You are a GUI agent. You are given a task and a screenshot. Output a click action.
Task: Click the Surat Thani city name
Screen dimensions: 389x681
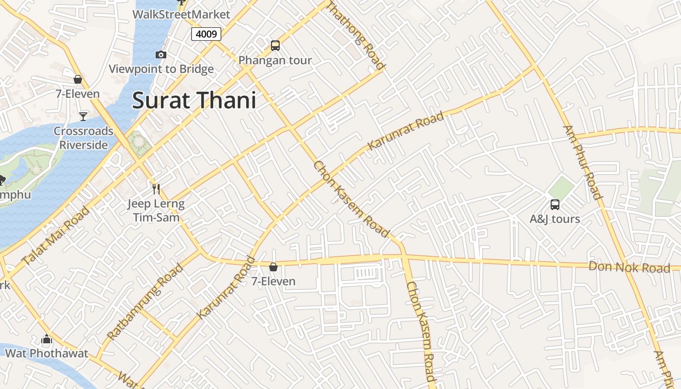coord(194,101)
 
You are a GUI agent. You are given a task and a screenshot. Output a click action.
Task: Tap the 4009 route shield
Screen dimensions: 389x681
coord(206,34)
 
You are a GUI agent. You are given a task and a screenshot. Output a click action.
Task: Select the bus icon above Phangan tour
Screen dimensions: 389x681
coord(275,46)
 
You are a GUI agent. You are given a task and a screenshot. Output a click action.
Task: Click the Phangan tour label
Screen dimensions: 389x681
coord(275,60)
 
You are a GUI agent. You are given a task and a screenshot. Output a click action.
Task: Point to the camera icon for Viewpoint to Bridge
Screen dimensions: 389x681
coord(161,55)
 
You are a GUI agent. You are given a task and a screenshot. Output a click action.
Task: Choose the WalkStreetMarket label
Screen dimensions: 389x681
coord(181,14)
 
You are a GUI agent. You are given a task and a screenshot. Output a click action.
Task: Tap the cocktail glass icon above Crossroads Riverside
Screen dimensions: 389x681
coord(83,116)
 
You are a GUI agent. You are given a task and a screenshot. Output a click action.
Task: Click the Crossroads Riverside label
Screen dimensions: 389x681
coord(83,138)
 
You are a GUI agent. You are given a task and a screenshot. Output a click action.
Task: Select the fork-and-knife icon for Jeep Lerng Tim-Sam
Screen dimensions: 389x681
coord(156,189)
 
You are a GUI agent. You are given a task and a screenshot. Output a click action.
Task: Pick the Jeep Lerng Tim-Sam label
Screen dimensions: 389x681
coord(156,211)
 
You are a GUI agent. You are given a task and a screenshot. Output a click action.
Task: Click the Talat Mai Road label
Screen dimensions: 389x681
coord(56,235)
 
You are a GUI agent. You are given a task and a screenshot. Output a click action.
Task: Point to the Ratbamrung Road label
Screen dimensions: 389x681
coord(145,301)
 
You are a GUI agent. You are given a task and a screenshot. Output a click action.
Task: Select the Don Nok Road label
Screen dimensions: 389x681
coord(629,267)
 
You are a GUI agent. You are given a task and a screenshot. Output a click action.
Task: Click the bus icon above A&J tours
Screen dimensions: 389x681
coord(555,205)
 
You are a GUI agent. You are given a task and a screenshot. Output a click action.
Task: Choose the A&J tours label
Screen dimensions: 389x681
coord(555,219)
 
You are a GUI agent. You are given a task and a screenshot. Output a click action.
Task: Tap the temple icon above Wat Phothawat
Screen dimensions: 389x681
coord(47,339)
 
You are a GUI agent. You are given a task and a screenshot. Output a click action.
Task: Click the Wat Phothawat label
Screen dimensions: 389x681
coord(47,353)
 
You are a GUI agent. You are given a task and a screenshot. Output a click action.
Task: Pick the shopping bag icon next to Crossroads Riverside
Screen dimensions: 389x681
coord(78,79)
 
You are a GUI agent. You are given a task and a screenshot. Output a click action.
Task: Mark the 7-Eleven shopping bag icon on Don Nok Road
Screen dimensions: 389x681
coord(273,267)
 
